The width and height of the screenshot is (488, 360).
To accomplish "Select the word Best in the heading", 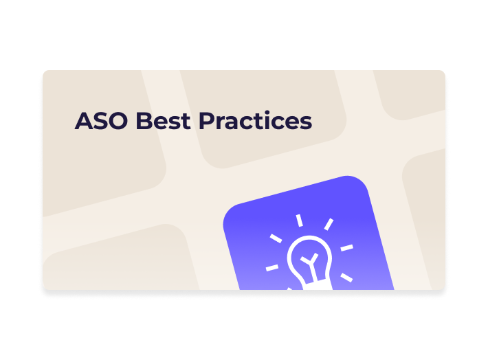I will pos(163,121).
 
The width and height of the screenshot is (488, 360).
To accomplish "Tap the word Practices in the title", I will pos(255,121).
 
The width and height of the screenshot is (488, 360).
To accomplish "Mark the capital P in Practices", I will pos(206,121).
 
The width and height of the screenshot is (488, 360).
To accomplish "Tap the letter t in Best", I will pos(185,122).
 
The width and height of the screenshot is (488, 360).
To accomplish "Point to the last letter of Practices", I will pos(304,123).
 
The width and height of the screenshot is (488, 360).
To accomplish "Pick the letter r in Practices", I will pos(220,123).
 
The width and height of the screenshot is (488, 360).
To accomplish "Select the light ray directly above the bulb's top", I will pos(299,221).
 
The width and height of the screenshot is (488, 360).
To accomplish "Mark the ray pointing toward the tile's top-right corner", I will pos(329,224).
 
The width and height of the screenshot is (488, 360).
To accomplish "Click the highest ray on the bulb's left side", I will pos(276,238).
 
